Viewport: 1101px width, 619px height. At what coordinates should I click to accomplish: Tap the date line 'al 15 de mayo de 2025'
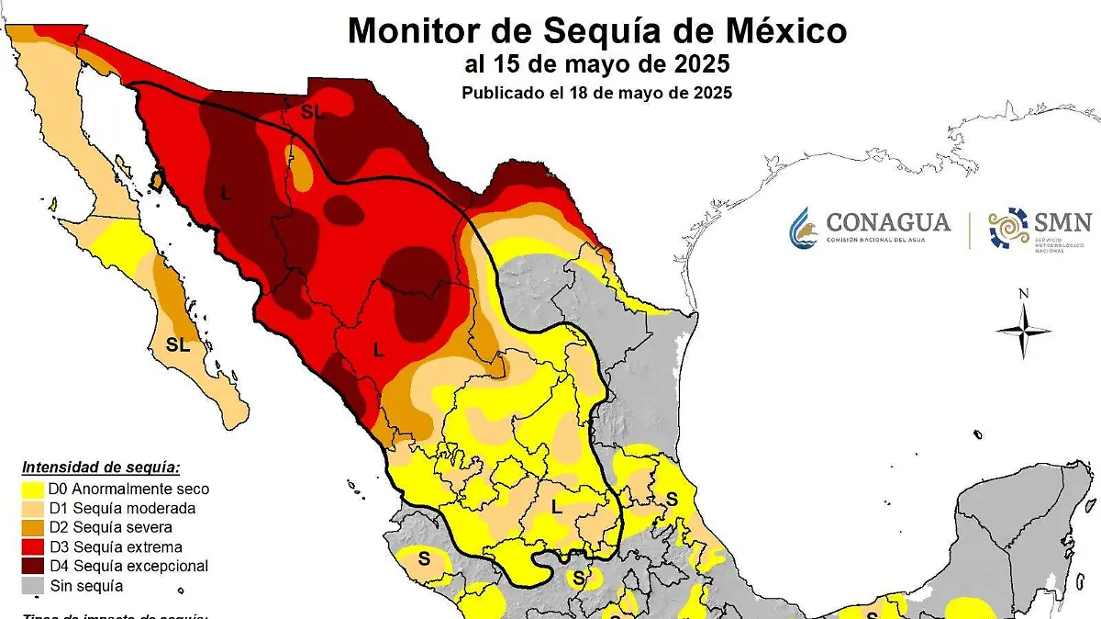596,65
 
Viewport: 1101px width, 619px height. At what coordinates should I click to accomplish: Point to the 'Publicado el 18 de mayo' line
596,93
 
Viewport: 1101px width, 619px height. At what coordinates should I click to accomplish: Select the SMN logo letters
1062,221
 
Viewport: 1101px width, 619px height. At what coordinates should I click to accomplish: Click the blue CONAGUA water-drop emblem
802,228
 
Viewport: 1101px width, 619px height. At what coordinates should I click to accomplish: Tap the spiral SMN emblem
1008,228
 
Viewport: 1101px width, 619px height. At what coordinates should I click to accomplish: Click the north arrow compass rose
1023,330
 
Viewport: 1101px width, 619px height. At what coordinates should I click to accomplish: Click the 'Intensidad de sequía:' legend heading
101,467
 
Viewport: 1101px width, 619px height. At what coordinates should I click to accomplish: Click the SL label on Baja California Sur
177,345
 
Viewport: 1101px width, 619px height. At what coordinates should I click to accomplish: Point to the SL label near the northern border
313,111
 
